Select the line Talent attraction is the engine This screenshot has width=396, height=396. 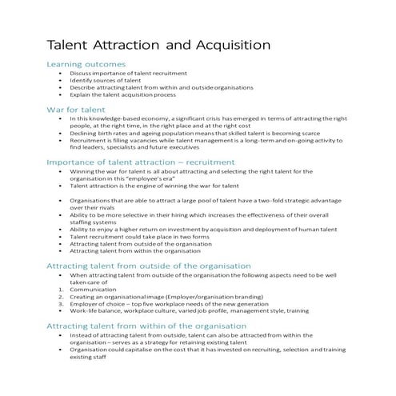(x=149, y=186)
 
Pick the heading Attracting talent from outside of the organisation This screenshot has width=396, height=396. (x=148, y=266)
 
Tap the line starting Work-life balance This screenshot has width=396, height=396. (x=183, y=310)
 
